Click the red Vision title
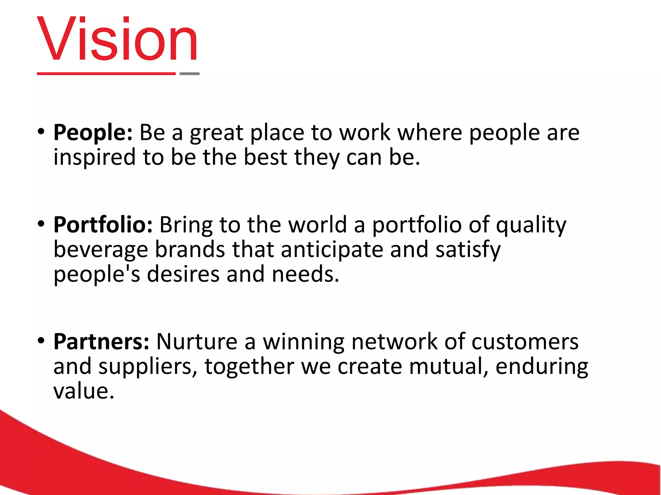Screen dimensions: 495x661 point(117,39)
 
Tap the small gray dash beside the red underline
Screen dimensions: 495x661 point(189,74)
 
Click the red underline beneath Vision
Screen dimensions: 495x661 point(106,74)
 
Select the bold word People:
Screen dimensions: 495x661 point(93,133)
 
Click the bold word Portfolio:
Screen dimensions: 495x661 point(103,225)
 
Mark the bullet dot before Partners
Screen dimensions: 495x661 point(41,341)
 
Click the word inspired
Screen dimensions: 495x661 point(95,158)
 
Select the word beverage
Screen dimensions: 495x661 point(101,250)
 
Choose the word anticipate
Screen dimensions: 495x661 point(332,250)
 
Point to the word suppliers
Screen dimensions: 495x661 point(148,367)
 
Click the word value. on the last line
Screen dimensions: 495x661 point(84,391)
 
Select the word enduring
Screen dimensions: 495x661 point(542,367)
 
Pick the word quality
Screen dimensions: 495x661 point(531,225)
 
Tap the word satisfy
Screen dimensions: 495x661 point(468,250)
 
